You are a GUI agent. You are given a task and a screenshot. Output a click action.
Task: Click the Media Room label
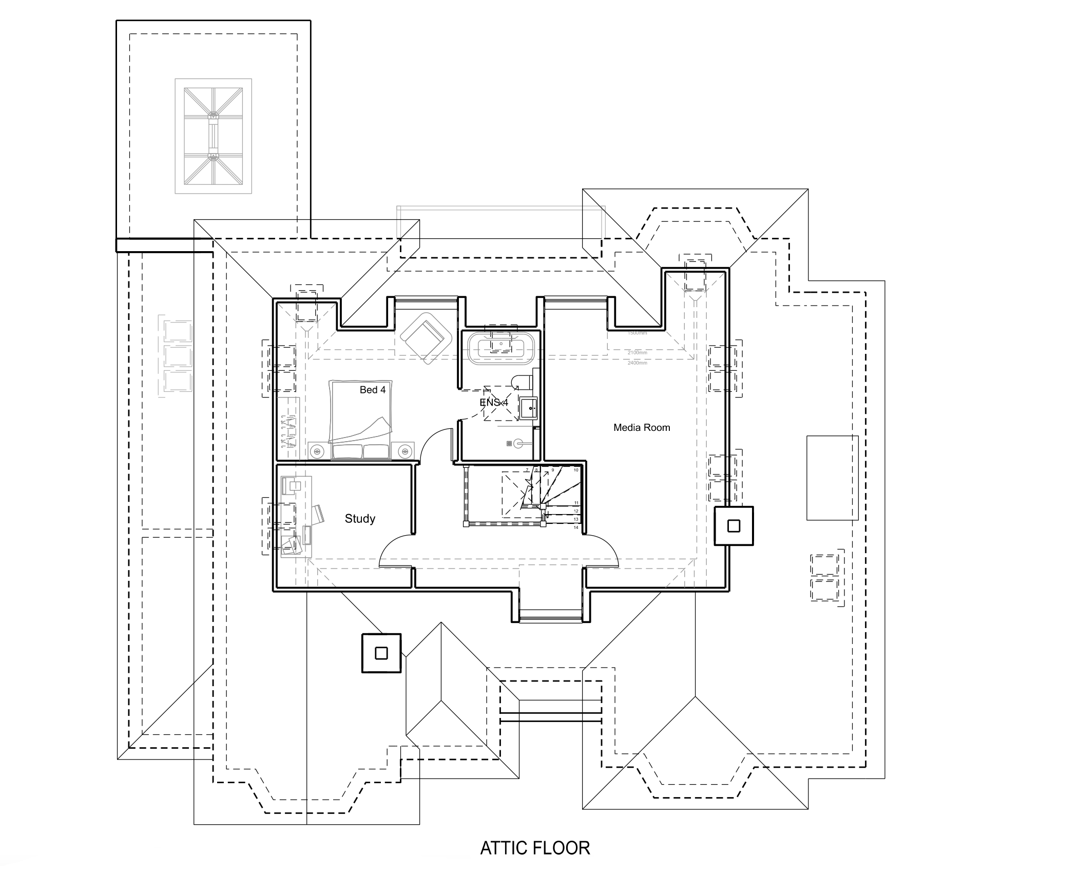[641, 427]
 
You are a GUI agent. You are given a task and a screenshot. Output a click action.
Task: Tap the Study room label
[359, 519]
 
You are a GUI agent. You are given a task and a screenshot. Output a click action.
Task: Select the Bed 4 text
[372, 390]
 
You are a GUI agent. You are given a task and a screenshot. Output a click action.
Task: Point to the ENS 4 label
[494, 403]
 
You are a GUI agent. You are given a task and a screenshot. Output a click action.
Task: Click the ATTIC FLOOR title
[535, 848]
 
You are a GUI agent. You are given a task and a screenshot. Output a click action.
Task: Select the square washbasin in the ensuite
[528, 408]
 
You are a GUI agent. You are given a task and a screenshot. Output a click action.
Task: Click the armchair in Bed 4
[426, 337]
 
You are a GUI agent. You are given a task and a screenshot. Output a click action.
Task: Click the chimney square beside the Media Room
[734, 526]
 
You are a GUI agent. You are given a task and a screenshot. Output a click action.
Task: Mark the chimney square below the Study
[381, 653]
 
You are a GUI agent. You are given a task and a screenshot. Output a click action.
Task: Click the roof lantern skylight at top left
[213, 136]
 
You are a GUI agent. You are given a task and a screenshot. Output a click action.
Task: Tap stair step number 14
[576, 527]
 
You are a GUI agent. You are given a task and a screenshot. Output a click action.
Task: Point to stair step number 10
[576, 470]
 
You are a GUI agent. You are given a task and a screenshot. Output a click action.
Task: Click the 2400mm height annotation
[637, 363]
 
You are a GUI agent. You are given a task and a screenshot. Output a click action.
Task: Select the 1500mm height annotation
[637, 333]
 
